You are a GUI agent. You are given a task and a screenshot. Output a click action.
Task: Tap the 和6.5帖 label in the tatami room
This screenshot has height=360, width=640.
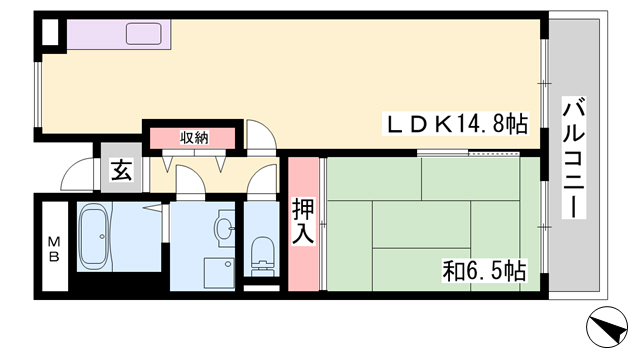(484, 271)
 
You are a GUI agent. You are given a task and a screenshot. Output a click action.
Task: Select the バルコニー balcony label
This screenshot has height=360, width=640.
(574, 157)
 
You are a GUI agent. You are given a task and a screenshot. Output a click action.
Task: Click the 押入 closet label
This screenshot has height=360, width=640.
(303, 222)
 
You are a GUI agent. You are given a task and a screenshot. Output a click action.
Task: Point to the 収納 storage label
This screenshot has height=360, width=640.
(194, 138)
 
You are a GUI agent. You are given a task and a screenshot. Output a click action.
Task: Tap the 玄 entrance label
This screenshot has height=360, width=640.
(122, 170)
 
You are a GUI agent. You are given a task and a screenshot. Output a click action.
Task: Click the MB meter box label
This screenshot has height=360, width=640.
(54, 249)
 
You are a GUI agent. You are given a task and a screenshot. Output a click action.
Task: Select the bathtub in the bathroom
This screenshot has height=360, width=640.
(93, 236)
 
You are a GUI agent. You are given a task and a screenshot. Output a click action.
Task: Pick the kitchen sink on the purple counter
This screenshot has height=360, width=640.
(144, 33)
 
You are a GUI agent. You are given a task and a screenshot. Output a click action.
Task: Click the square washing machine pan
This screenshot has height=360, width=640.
(219, 273)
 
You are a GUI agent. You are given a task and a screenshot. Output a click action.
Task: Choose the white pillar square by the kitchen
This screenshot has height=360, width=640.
(50, 32)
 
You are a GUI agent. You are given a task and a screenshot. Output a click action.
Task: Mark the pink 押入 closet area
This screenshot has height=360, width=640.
(303, 224)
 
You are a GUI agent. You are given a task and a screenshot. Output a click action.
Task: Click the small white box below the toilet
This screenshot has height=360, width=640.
(262, 288)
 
